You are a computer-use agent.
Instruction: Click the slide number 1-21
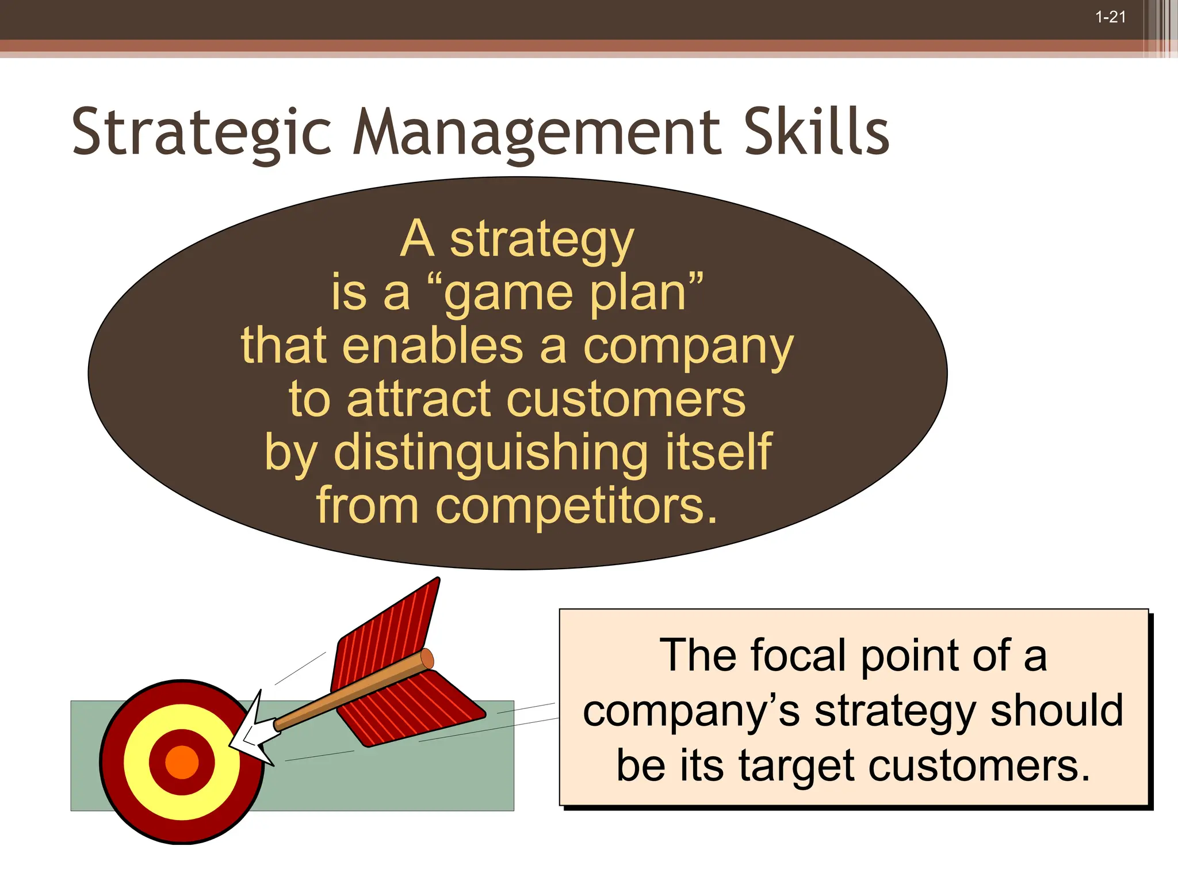point(1110,17)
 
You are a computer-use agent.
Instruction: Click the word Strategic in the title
point(201,134)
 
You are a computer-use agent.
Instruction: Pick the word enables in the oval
point(433,346)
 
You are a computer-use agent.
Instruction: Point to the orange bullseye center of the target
point(182,762)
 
